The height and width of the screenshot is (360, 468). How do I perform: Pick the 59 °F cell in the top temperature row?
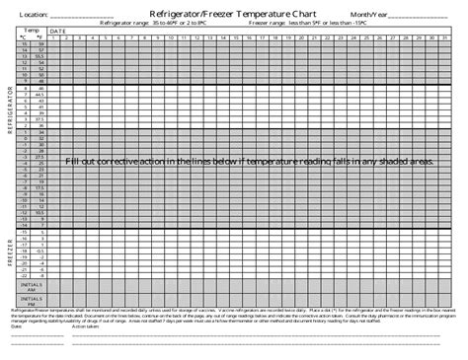tap(39, 45)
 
